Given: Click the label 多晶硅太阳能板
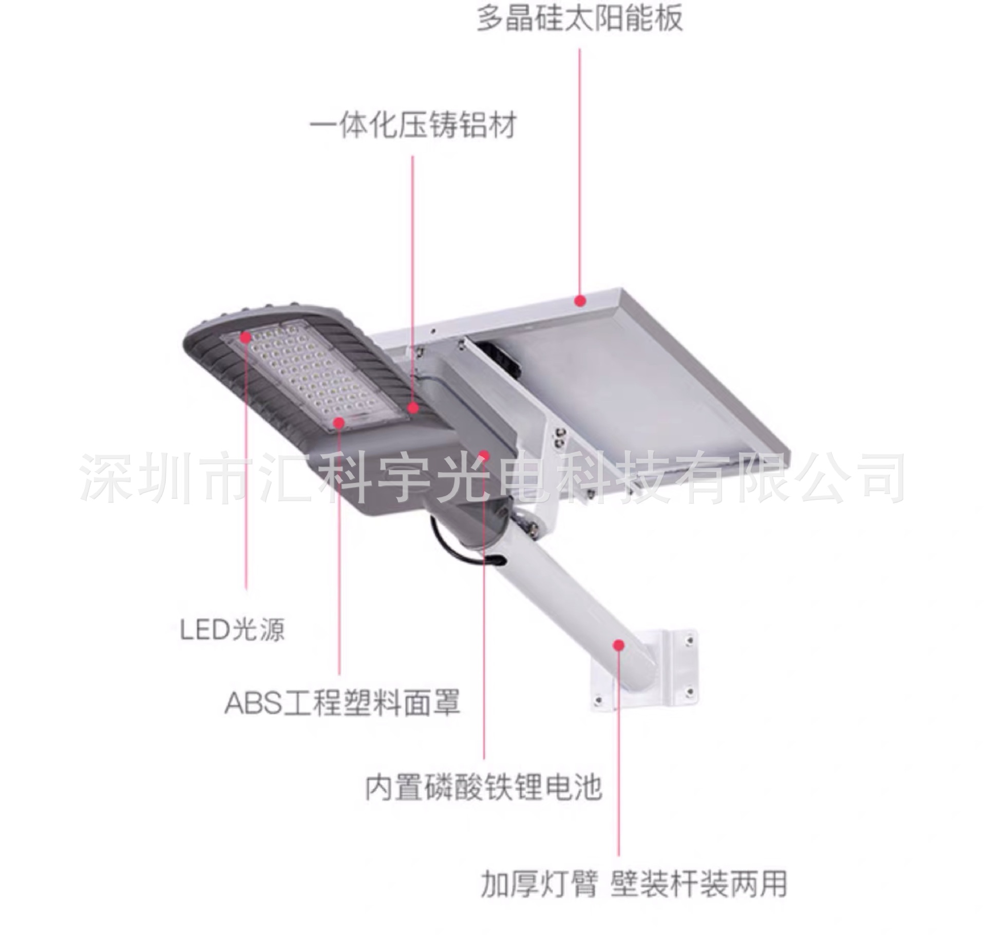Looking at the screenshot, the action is coord(580,18).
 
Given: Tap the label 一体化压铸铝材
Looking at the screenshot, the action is coord(413,125).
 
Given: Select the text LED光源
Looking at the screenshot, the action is coord(232,629).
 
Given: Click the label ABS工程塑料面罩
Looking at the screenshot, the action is coord(343,703).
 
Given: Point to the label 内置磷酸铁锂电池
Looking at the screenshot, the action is coord(483,787).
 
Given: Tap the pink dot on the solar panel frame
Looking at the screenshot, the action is coord(580,301).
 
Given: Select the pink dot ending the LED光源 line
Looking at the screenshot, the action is coord(245,337).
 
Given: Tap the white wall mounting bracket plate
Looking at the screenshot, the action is coord(668,673).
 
